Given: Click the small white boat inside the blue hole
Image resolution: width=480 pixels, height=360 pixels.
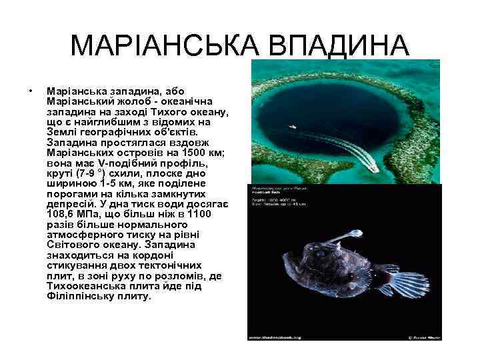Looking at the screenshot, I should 292,125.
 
